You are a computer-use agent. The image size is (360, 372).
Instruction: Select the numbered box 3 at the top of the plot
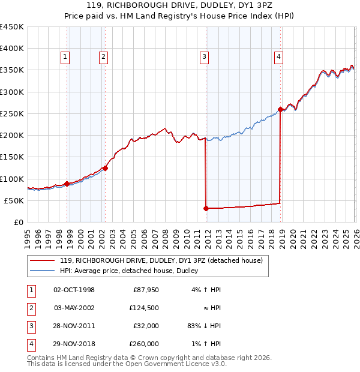pyautogui.click(x=205, y=57)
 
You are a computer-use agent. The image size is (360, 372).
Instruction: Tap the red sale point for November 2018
pyautogui.click(x=280, y=109)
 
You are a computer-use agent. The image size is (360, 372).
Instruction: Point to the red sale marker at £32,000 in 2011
pyautogui.click(x=206, y=208)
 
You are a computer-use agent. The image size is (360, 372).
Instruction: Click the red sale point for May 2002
pyautogui.click(x=105, y=169)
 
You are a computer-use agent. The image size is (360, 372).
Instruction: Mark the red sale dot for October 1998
pyautogui.click(x=67, y=184)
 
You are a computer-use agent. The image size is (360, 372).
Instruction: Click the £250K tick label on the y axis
pyautogui.click(x=12, y=114)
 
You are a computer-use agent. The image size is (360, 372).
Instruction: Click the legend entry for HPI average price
pyautogui.click(x=133, y=271)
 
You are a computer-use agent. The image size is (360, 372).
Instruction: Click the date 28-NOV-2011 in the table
pyautogui.click(x=74, y=326)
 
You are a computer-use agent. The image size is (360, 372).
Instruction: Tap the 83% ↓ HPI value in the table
pyautogui.click(x=203, y=326)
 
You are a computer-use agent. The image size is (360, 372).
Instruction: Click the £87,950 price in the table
pyautogui.click(x=145, y=290)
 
